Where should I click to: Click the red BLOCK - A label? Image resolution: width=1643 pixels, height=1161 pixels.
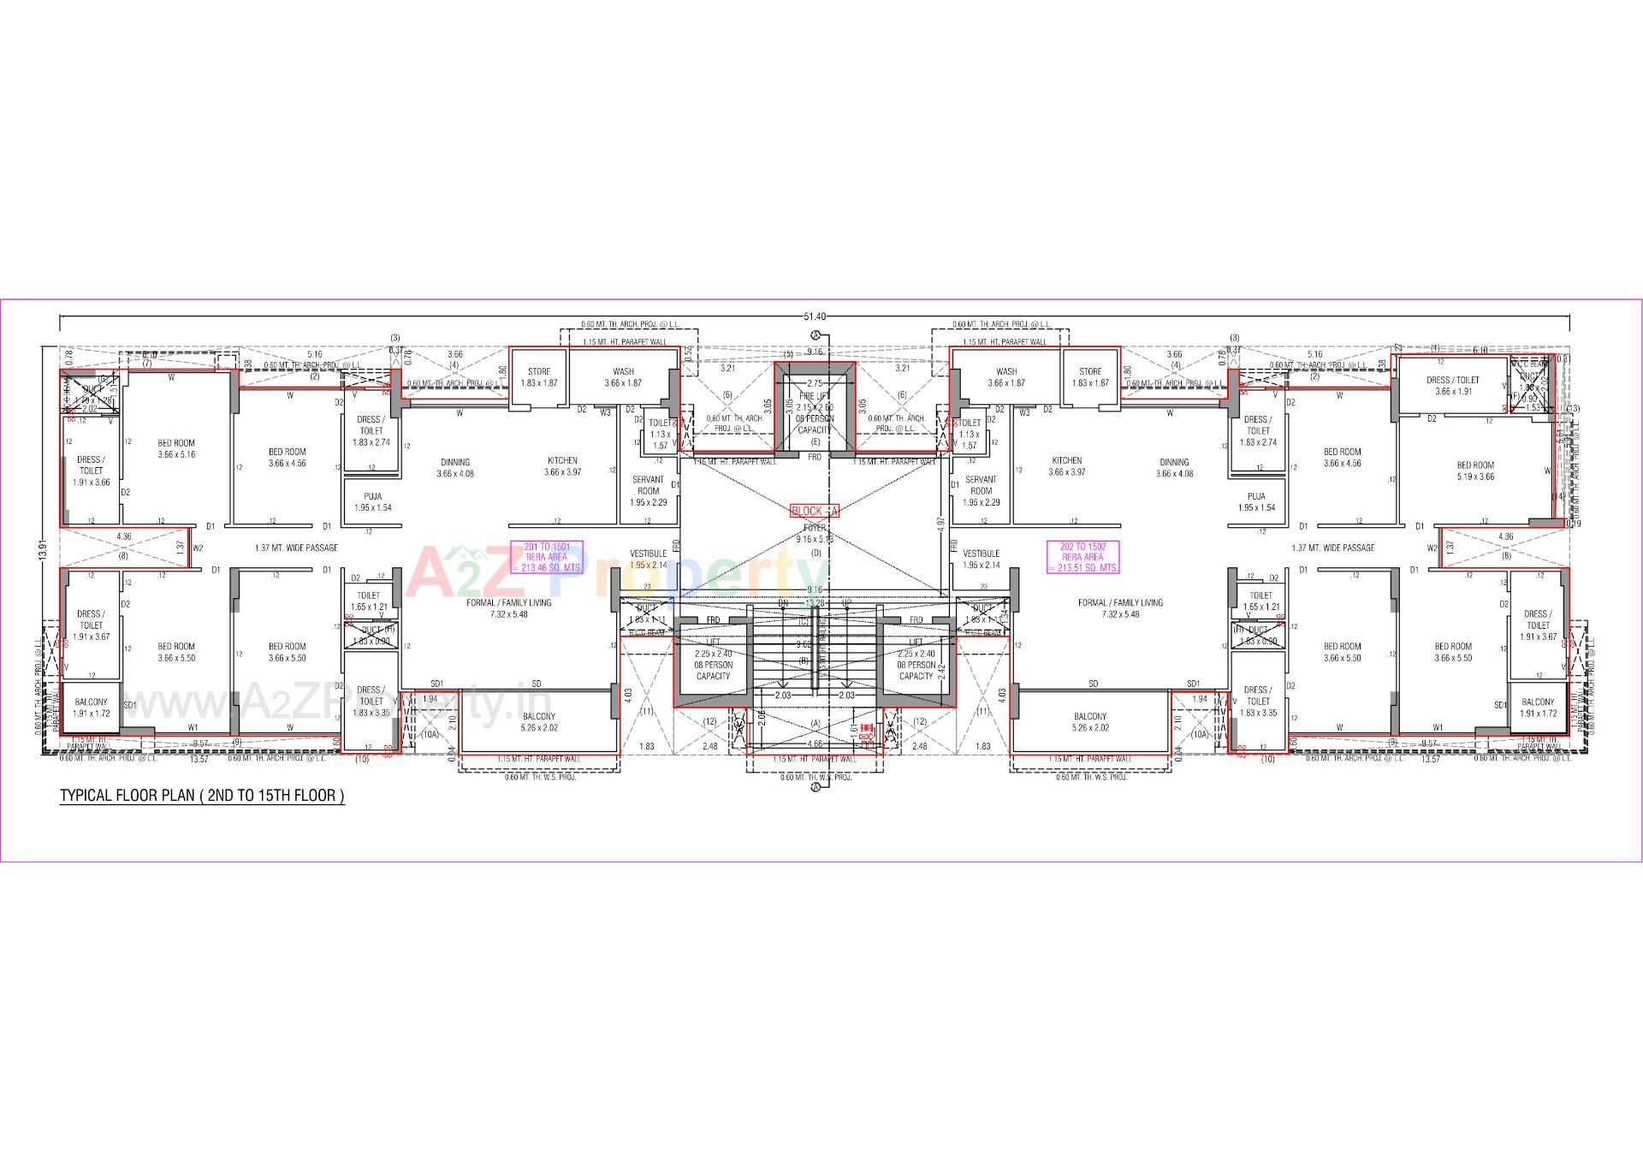(x=815, y=511)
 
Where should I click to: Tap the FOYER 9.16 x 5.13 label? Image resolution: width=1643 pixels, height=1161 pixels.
(x=815, y=534)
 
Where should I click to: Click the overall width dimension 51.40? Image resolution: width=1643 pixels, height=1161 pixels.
(x=815, y=317)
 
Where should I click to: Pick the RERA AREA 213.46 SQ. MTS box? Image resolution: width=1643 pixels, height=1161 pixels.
(x=547, y=557)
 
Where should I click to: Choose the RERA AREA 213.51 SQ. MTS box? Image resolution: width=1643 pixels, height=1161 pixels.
(x=1082, y=557)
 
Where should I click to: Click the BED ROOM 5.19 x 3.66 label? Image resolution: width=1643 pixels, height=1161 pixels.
(x=1475, y=471)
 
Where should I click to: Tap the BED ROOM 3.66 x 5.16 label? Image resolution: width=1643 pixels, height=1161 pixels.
(x=176, y=448)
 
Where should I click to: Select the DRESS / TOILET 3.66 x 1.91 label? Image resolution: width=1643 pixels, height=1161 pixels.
(x=1452, y=386)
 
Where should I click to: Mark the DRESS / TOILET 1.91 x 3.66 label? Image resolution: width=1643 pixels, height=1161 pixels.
(x=91, y=471)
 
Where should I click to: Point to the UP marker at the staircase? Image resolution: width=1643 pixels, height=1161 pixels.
(x=847, y=602)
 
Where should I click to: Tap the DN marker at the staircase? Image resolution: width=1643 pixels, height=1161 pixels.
(x=783, y=602)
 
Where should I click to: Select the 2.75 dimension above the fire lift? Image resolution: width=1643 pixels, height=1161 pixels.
(x=815, y=384)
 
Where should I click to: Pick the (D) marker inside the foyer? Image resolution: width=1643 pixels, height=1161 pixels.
(x=816, y=554)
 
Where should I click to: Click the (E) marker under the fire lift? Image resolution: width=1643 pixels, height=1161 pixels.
(x=815, y=441)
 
